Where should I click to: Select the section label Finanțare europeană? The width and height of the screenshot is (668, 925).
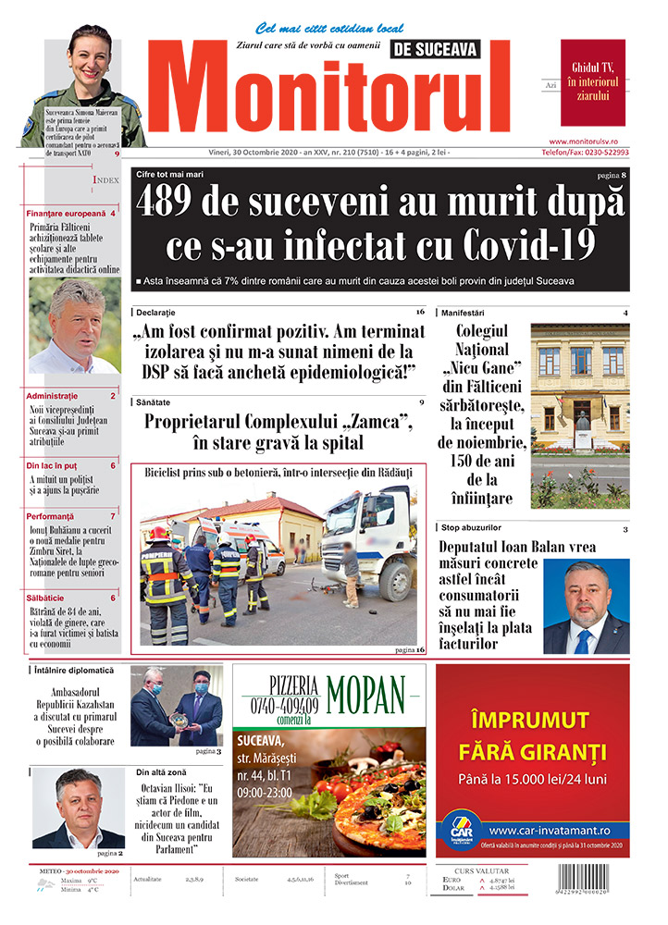[63, 214]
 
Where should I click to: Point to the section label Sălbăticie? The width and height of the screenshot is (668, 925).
[52, 598]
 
